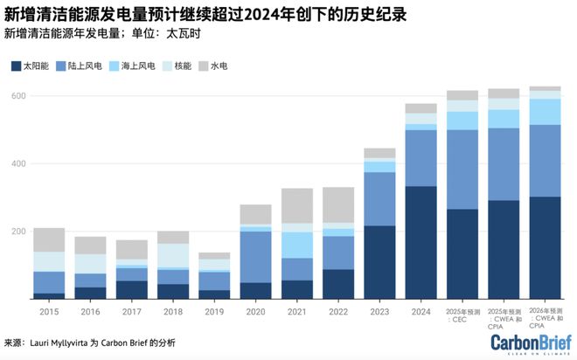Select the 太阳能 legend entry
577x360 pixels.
click(x=32, y=66)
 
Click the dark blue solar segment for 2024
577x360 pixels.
click(x=421, y=242)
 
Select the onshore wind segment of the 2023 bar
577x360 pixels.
click(x=379, y=198)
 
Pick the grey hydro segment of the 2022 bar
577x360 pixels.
click(x=338, y=204)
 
